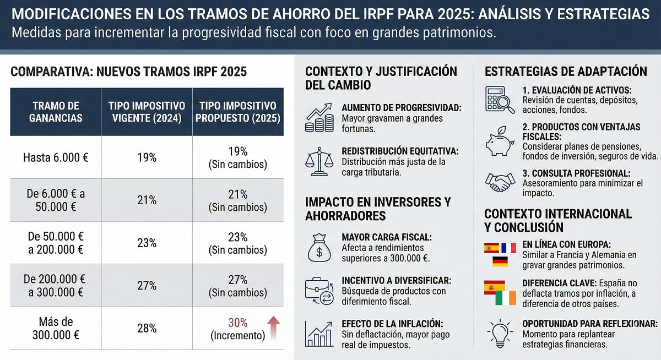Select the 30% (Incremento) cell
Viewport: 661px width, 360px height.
click(x=238, y=329)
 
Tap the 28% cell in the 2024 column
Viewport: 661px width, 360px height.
click(x=147, y=329)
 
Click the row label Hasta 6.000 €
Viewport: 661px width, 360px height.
click(x=56, y=157)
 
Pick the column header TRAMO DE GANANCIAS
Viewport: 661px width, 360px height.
click(x=56, y=112)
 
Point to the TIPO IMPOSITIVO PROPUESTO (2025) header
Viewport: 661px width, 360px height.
click(x=238, y=112)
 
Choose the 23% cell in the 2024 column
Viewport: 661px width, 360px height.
click(x=147, y=243)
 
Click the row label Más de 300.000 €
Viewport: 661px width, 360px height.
click(x=56, y=329)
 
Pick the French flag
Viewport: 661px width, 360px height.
click(x=508, y=248)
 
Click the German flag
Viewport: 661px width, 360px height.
click(x=500, y=261)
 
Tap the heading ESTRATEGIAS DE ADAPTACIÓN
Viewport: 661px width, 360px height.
click(x=566, y=72)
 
